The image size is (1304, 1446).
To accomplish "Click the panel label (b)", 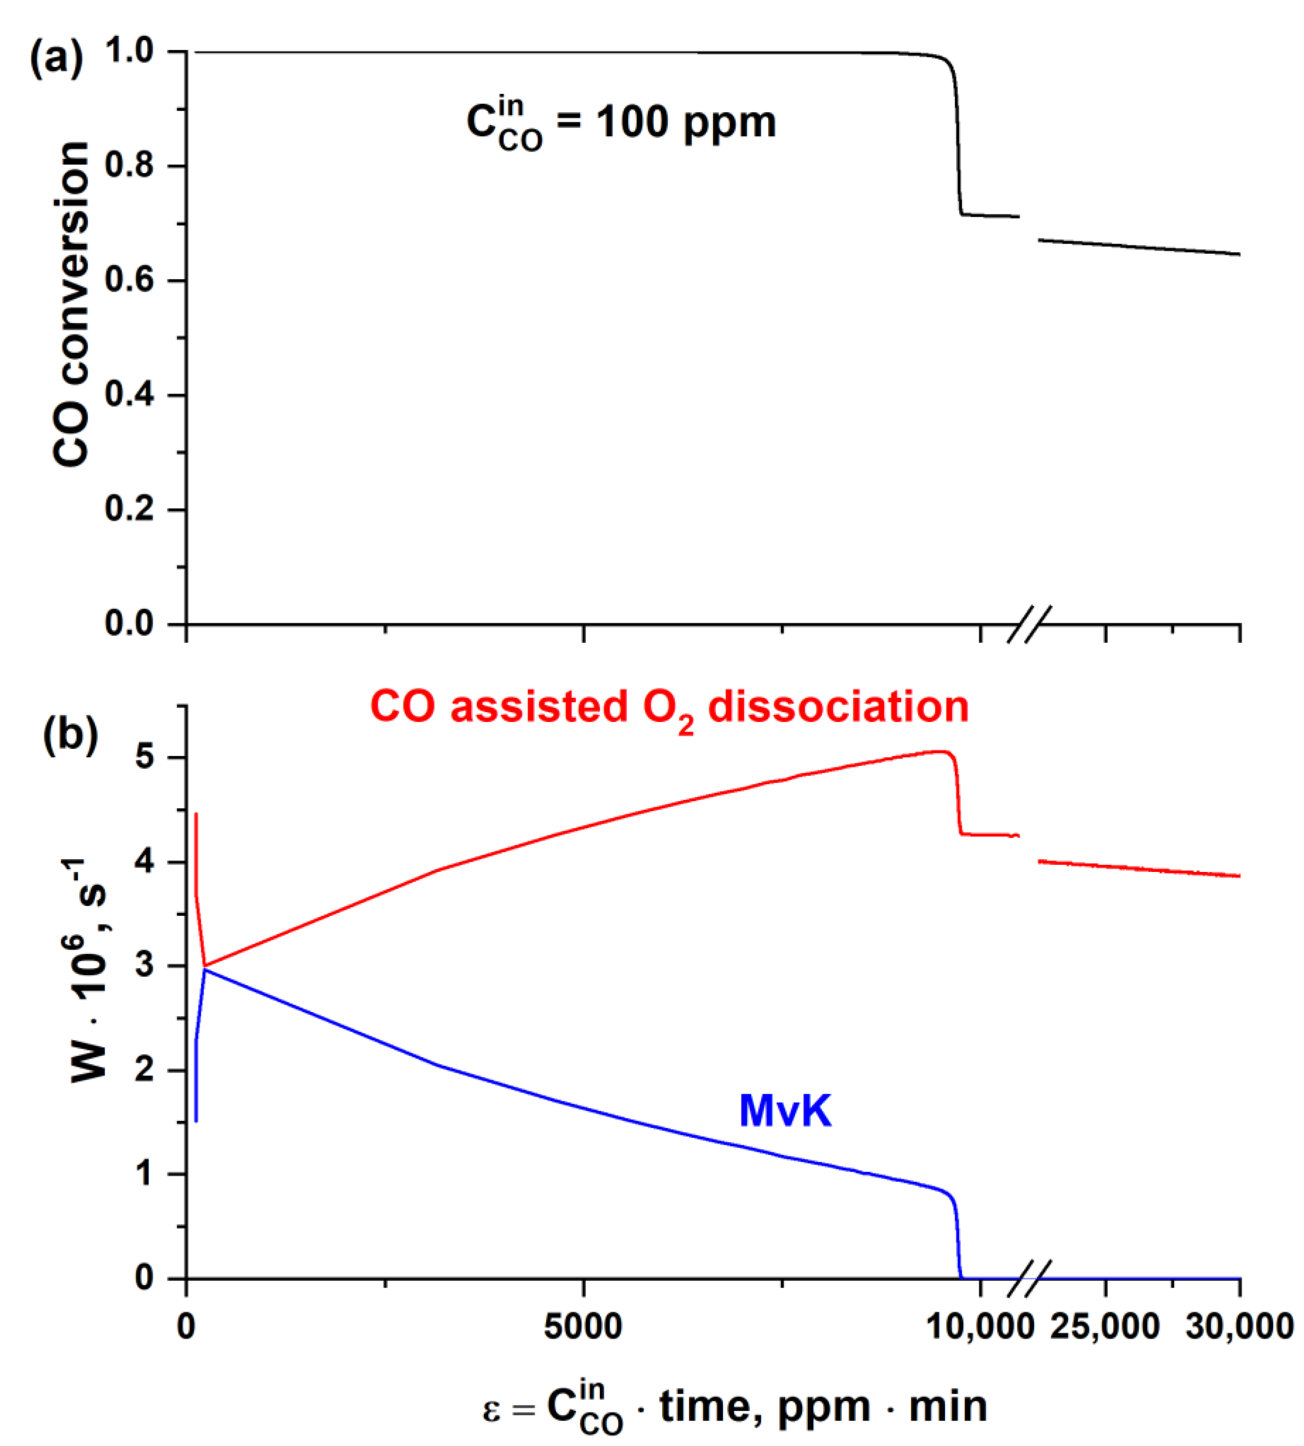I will pyautogui.click(x=70, y=734).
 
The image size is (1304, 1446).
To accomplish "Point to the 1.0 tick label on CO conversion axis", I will pyautogui.click(x=129, y=51).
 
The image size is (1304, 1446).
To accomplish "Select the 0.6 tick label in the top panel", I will pyautogui.click(x=129, y=280).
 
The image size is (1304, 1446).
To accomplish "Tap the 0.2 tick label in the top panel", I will pyautogui.click(x=129, y=509).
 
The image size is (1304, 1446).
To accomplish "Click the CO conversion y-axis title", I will pyautogui.click(x=72, y=304).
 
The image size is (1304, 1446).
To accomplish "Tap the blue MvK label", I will pyautogui.click(x=785, y=1111).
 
